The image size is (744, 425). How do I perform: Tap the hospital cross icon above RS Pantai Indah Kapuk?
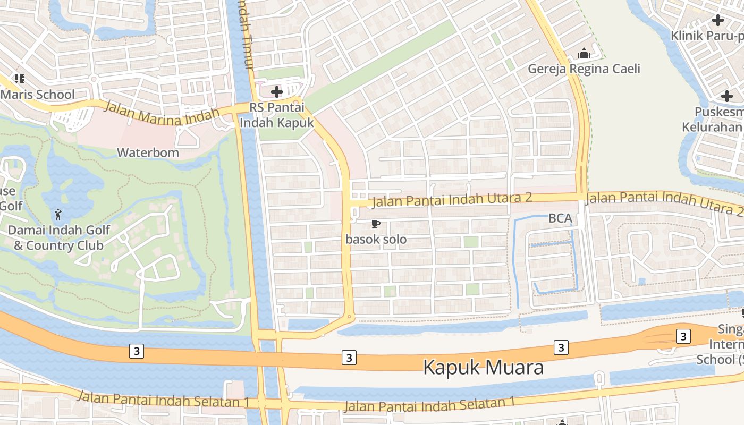tap(276, 92)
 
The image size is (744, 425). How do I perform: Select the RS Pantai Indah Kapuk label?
tap(276, 115)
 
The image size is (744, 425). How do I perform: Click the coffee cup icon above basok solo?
tap(376, 224)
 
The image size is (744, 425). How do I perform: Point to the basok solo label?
tap(376, 240)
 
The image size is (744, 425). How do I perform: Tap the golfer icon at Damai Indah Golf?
tap(58, 215)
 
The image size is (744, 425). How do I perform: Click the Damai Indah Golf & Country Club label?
tap(58, 237)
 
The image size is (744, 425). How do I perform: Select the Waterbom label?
tap(148, 153)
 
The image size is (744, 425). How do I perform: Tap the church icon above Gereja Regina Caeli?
tap(584, 54)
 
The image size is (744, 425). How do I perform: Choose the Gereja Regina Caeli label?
tap(584, 69)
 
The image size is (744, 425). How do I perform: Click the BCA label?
tap(560, 218)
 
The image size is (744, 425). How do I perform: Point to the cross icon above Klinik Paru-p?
tap(718, 21)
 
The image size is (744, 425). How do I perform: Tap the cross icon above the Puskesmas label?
tap(726, 97)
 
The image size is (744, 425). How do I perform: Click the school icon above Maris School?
tap(20, 79)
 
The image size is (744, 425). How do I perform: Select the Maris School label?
tap(37, 95)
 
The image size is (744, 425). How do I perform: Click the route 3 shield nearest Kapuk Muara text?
tap(349, 358)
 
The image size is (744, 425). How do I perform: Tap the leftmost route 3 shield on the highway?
tap(137, 351)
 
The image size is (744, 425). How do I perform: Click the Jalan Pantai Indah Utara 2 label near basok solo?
tap(452, 199)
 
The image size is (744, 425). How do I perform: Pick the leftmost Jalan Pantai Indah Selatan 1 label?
tap(163, 399)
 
